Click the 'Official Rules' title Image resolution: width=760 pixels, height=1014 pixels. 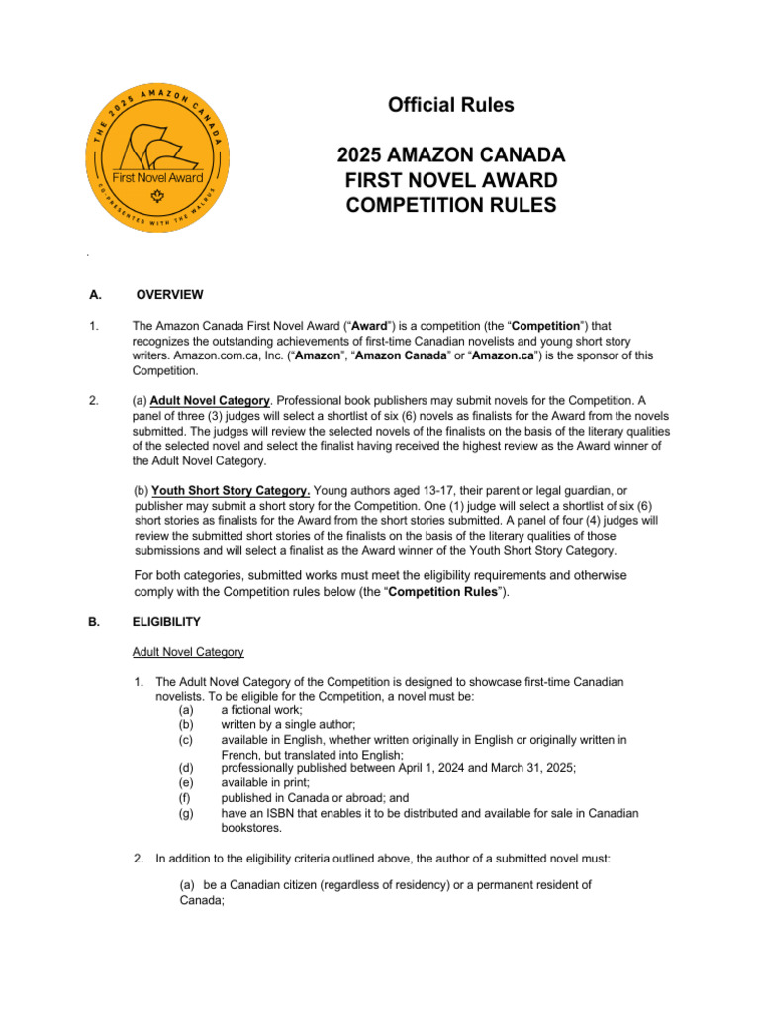450,105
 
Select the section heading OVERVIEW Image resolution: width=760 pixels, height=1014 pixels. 169,294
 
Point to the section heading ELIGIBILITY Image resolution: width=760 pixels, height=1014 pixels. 166,622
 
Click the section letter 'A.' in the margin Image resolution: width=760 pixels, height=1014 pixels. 95,294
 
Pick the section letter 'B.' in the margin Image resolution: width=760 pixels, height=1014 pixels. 95,622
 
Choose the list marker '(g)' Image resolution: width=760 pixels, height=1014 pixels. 186,813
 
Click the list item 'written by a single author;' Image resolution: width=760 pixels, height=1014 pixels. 286,724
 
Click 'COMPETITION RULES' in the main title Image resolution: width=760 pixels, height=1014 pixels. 450,205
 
